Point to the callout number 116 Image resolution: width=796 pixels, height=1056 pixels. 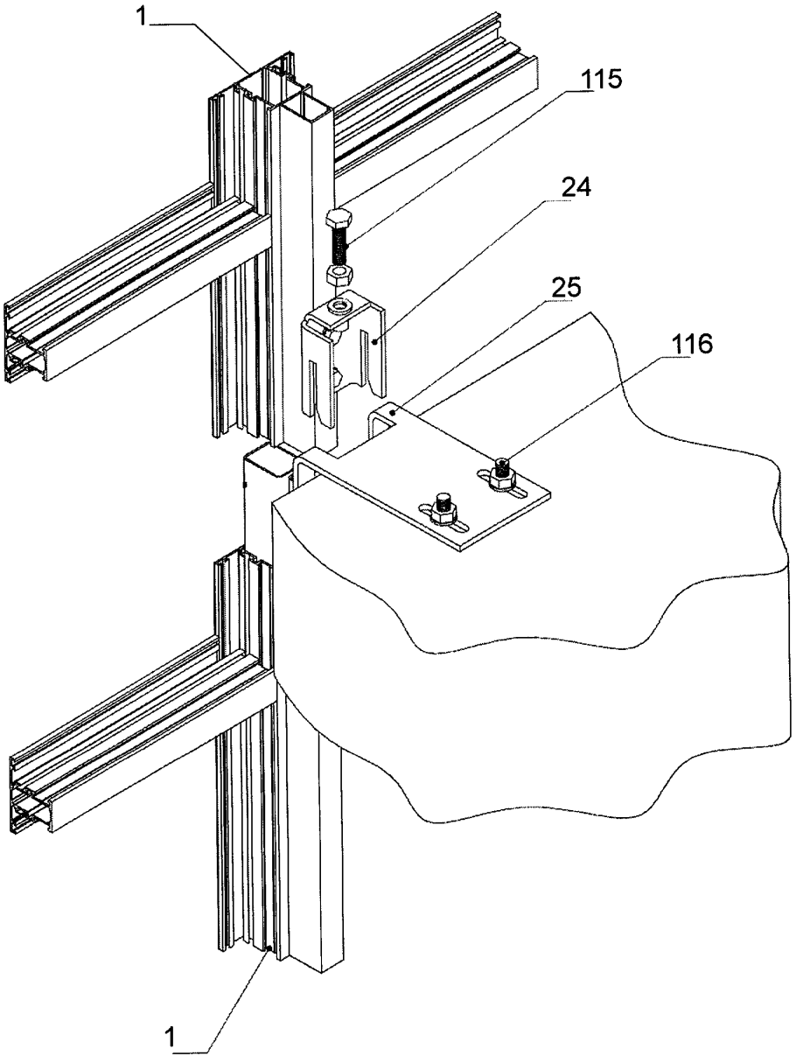(x=691, y=344)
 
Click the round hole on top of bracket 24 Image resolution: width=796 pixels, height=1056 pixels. (x=339, y=305)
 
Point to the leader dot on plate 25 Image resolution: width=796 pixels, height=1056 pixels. (x=395, y=409)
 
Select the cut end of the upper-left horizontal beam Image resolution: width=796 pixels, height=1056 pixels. (x=24, y=346)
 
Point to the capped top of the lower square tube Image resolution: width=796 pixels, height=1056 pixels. (x=265, y=460)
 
